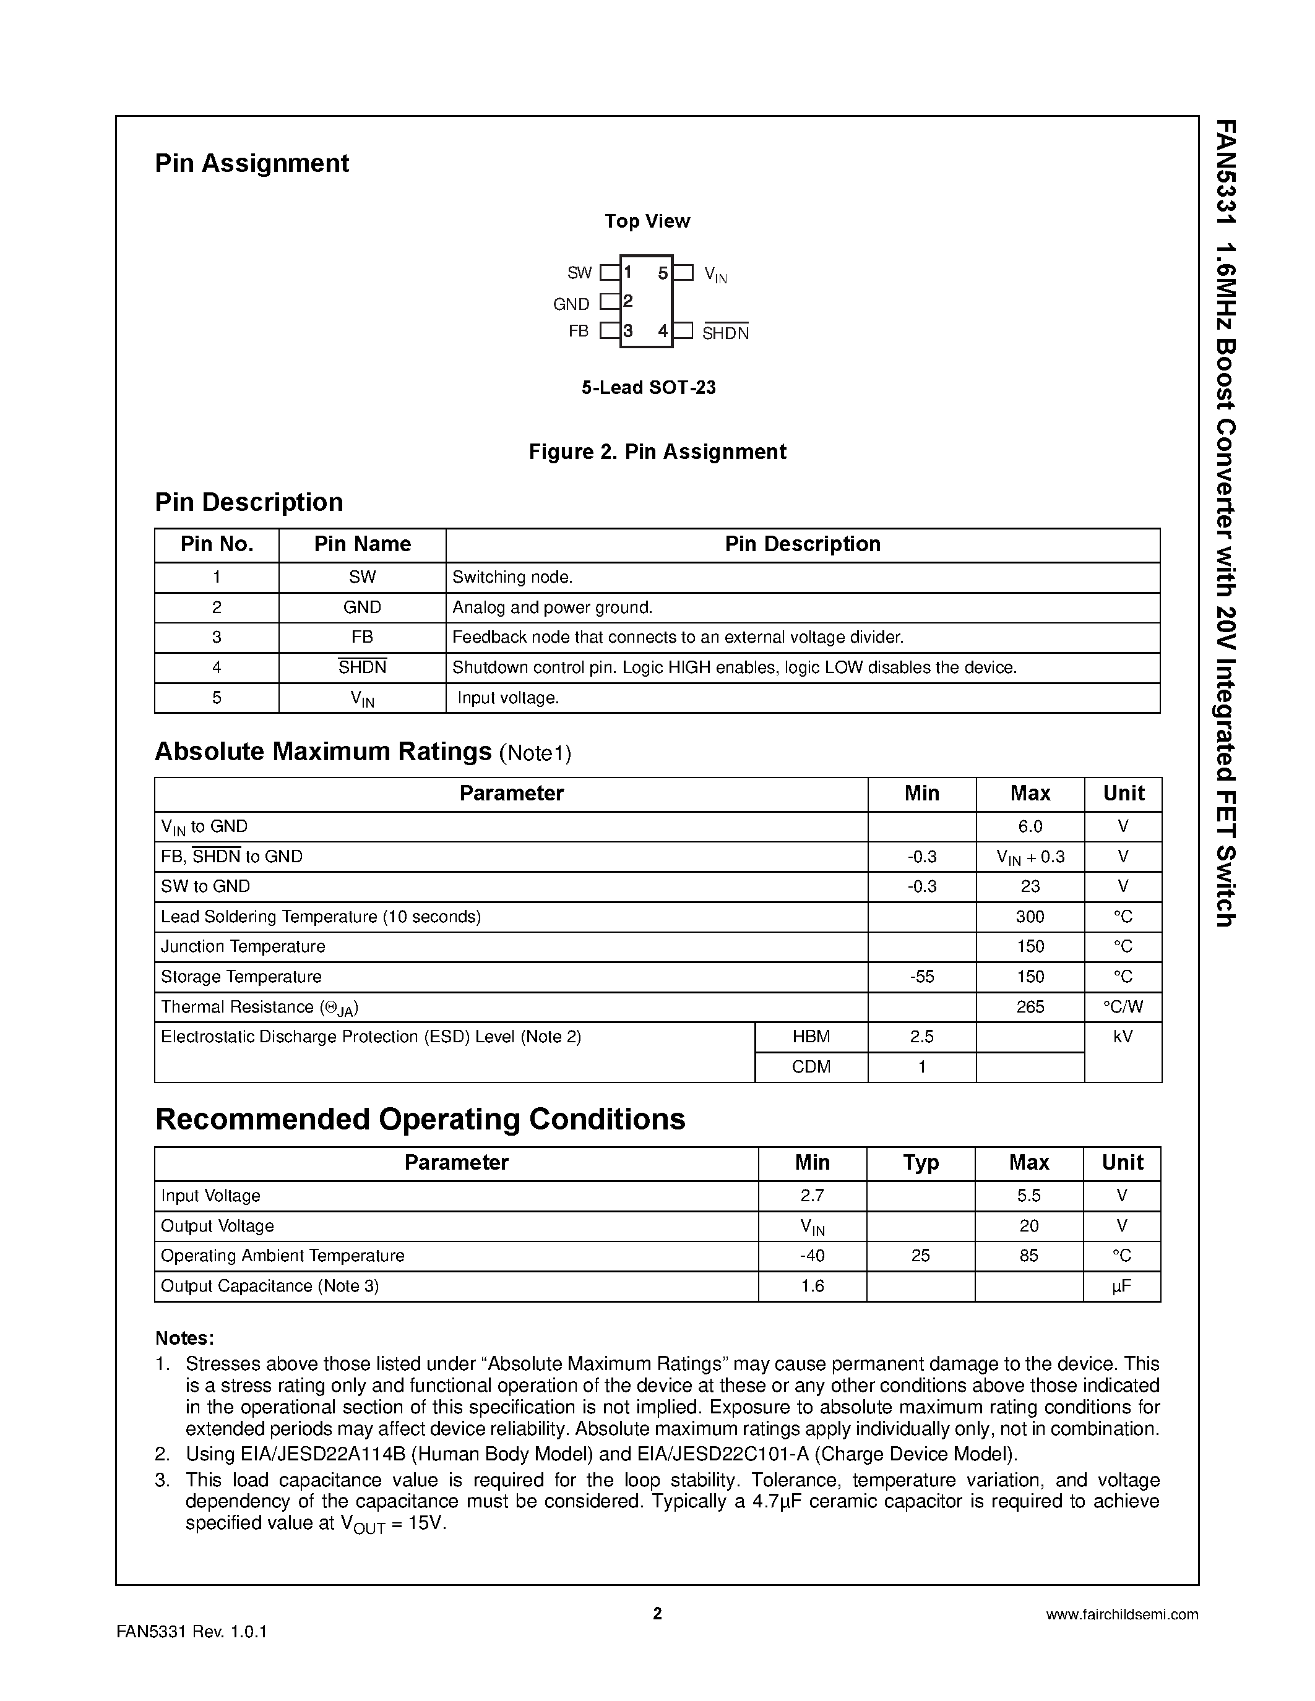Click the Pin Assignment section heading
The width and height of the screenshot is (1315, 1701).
coord(252,163)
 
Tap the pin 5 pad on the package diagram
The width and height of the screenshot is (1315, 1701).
coord(683,273)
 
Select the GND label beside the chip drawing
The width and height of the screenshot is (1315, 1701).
coord(571,304)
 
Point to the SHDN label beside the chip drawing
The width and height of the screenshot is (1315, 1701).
coord(725,333)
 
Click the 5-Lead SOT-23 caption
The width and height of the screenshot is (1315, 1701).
coord(648,388)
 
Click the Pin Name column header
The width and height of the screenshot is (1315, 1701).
coord(362,544)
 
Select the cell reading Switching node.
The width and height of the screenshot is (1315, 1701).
coord(512,577)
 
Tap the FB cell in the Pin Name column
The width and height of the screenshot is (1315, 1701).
coord(362,637)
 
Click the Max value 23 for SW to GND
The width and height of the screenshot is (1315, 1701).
coord(1030,886)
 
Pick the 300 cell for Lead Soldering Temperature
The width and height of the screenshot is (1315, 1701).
coord(1030,917)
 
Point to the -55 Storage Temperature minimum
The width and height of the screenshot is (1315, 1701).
coord(921,977)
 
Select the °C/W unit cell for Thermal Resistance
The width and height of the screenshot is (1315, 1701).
coord(1123,1007)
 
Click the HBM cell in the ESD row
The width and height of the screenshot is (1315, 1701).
coord(811,1037)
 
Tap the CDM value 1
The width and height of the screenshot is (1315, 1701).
coord(921,1067)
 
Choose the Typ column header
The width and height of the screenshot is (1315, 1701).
coord(920,1163)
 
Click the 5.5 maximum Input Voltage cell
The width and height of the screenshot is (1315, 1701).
coord(1028,1196)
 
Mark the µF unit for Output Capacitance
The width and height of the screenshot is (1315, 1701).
coord(1121,1286)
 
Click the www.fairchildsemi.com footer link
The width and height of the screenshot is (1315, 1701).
coord(1122,1614)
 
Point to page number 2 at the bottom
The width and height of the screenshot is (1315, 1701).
coord(657,1614)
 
